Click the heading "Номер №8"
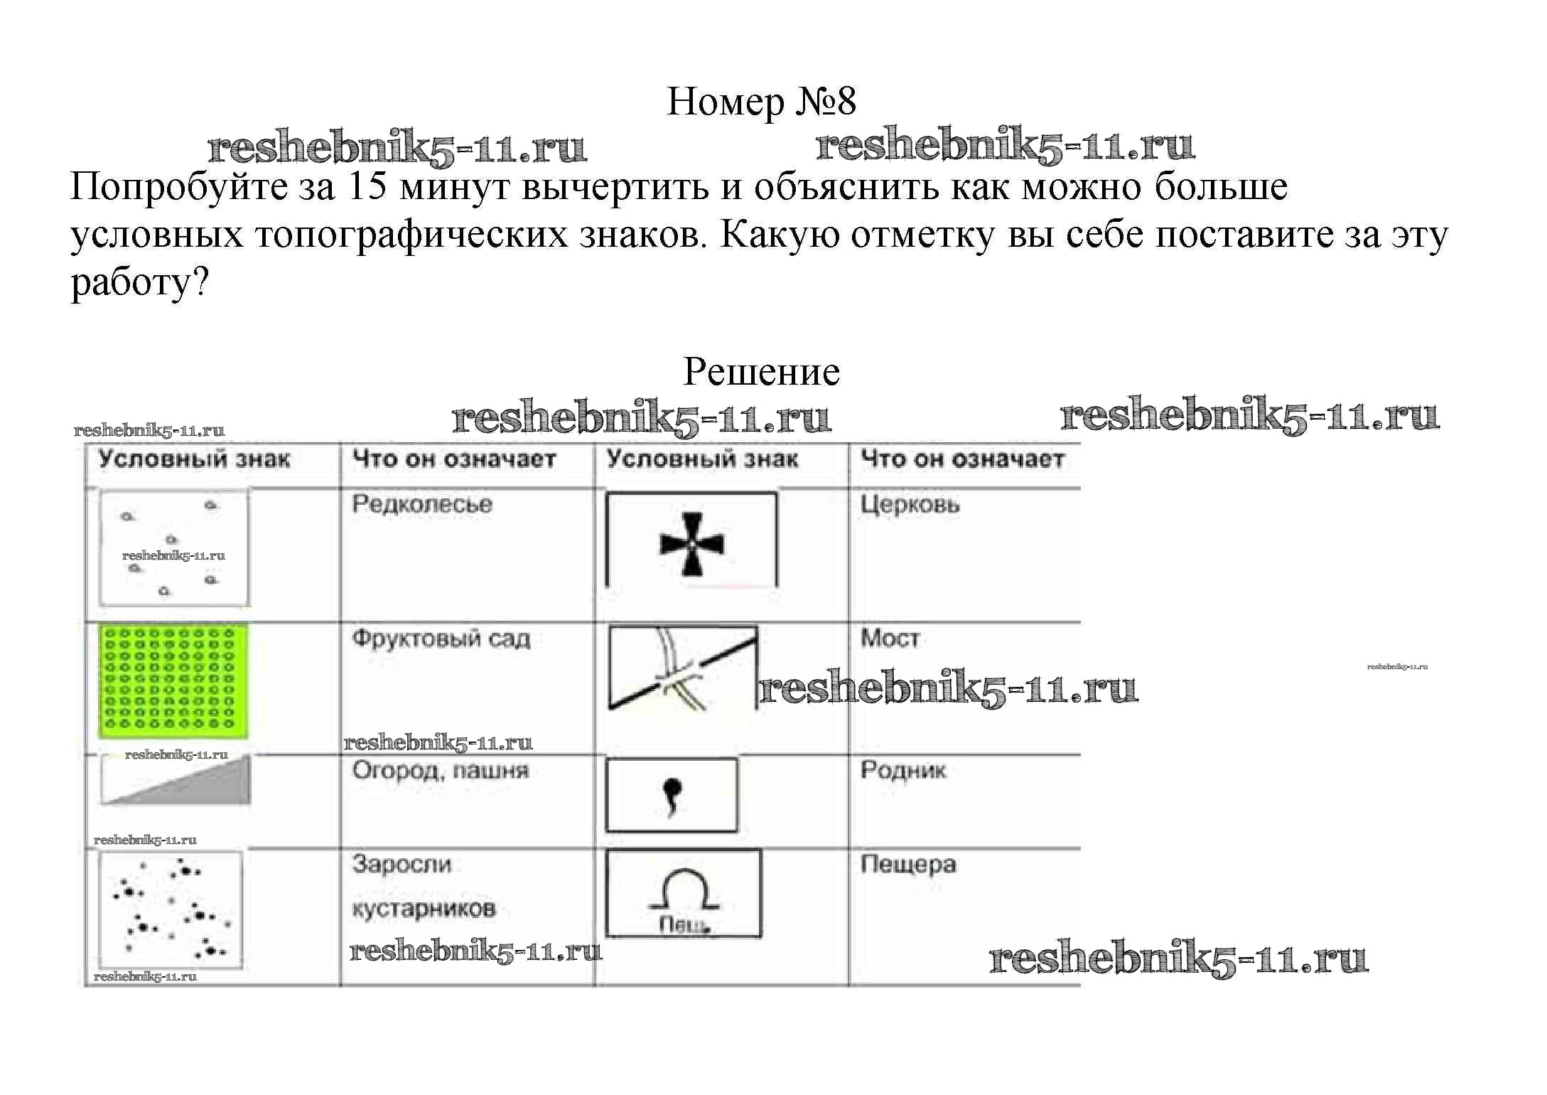pos(761,102)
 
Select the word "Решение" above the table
pos(761,372)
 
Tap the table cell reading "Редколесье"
pos(422,504)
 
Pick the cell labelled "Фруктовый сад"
pos(441,639)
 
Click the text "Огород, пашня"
pos(441,771)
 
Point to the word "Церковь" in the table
pos(910,504)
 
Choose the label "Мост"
pos(890,638)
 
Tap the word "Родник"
pos(903,770)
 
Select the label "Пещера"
pos(908,865)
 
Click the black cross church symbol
pos(691,544)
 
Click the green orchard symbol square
pos(173,680)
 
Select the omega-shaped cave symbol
pos(684,890)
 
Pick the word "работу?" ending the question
pos(139,283)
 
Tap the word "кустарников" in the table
pos(424,909)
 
